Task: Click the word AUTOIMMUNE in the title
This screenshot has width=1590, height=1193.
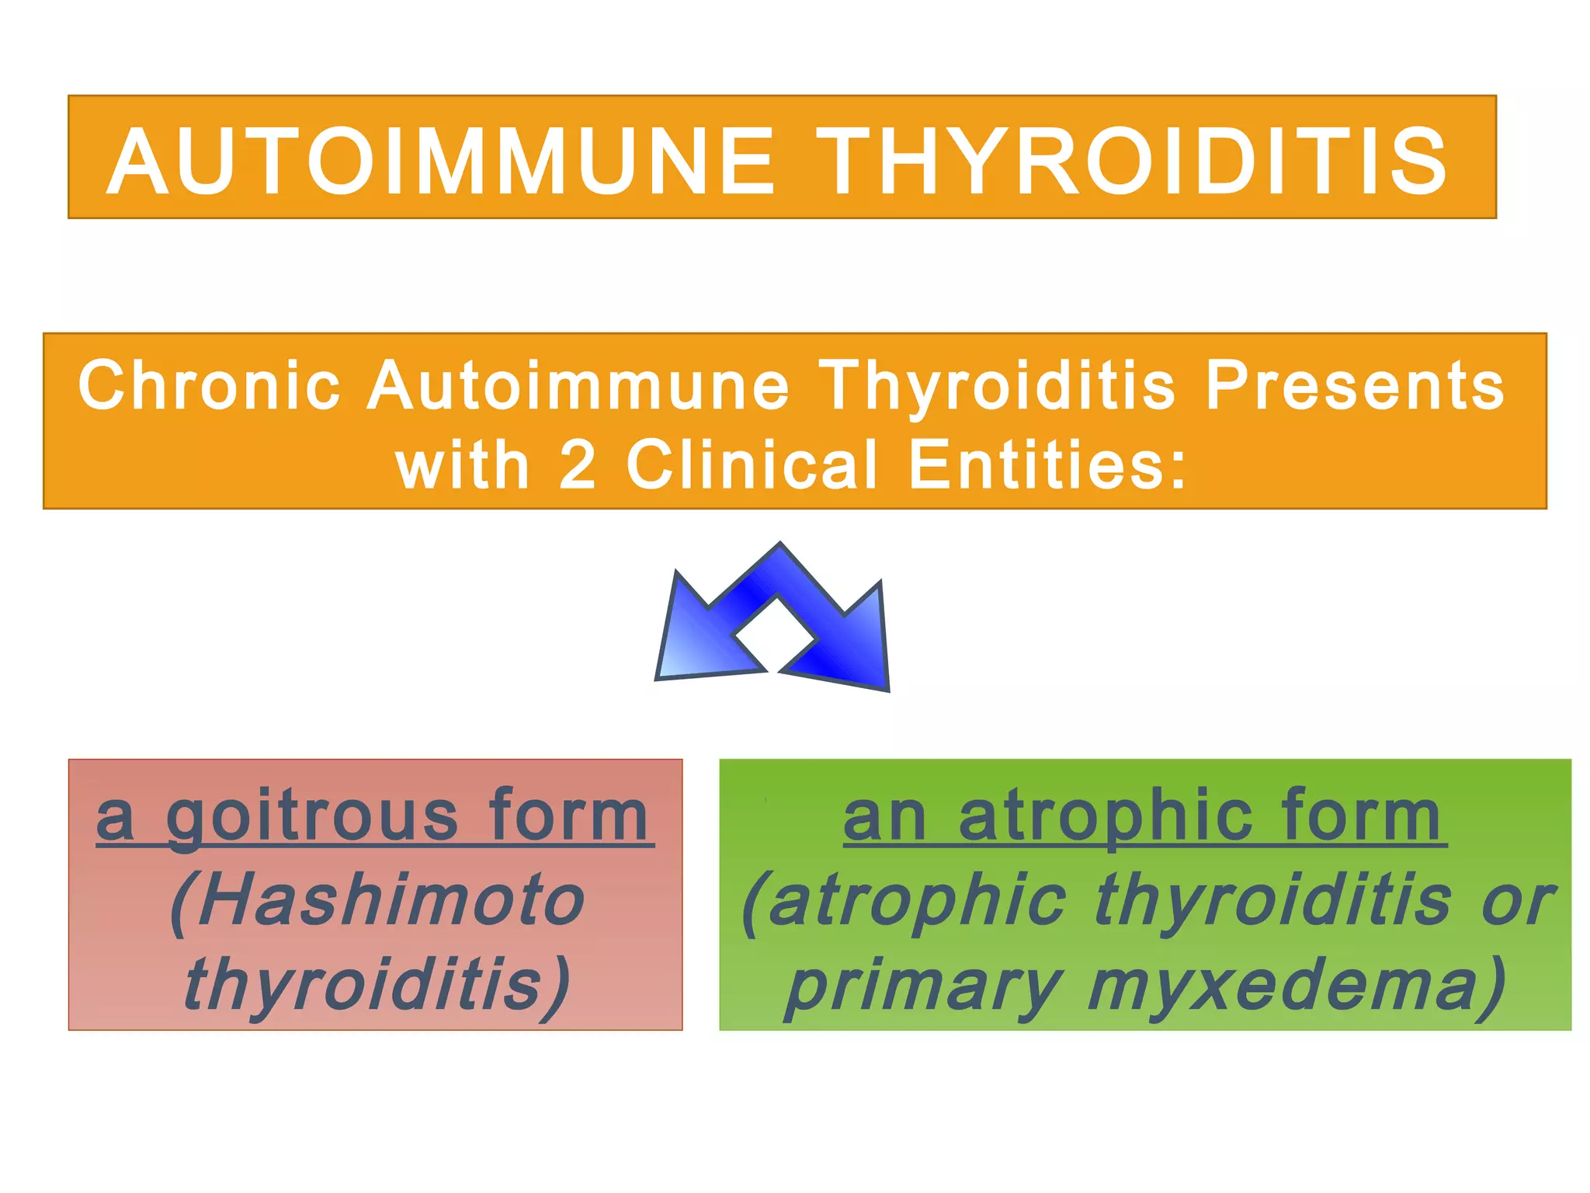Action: (x=440, y=162)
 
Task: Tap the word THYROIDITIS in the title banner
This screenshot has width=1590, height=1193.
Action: (x=1131, y=162)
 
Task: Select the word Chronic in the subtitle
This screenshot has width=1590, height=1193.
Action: (x=209, y=385)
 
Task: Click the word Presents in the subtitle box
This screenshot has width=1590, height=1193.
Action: (x=1354, y=385)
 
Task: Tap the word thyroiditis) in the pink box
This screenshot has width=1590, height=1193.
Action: (x=377, y=985)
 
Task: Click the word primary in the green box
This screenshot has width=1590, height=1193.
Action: (x=924, y=985)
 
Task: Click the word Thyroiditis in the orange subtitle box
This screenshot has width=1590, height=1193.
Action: (x=997, y=385)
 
